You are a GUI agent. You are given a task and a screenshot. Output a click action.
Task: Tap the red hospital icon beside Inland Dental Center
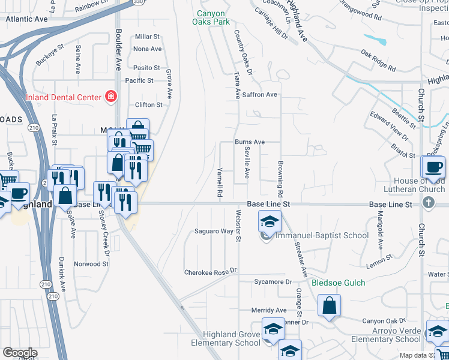(x=110, y=96)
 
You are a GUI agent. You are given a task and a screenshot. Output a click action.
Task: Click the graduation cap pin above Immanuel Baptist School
(x=270, y=221)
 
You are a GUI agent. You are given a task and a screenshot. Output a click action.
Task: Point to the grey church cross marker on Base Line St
(x=429, y=202)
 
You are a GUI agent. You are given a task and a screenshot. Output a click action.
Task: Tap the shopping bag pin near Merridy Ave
(x=329, y=305)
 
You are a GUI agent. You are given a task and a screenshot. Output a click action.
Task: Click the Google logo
(x=20, y=353)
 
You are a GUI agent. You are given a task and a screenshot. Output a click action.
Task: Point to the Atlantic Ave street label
(x=26, y=19)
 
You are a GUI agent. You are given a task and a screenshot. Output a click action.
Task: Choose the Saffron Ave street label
(x=260, y=94)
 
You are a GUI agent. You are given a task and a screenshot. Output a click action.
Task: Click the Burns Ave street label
(x=250, y=142)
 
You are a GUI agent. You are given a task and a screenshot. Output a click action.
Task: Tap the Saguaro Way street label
(x=214, y=231)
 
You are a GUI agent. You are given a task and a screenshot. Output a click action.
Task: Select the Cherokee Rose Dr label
(x=211, y=272)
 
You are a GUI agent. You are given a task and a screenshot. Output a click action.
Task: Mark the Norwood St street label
(x=91, y=264)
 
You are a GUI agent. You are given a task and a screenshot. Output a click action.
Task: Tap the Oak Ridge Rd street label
(x=378, y=61)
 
